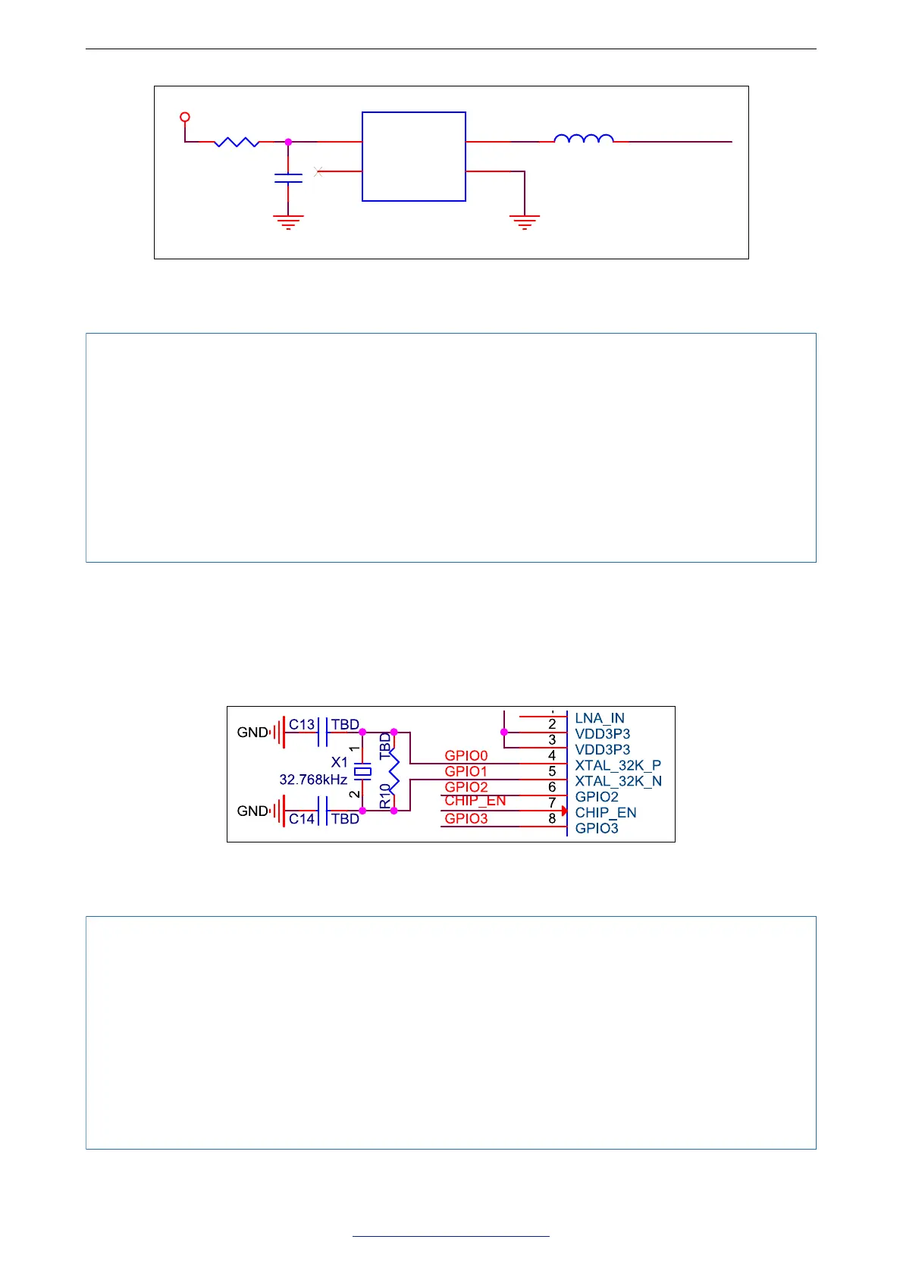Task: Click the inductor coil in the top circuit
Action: pos(584,139)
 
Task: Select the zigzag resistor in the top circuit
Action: pos(237,142)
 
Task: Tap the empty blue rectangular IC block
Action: pos(414,156)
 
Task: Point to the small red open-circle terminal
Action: pos(184,118)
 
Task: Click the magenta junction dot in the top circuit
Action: pos(288,142)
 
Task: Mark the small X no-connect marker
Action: pos(318,172)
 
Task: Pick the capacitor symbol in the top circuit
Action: pos(288,178)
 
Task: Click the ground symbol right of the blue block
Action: pos(525,221)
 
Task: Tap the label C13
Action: pos(302,724)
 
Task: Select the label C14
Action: pos(302,819)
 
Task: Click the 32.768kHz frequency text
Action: pos(313,780)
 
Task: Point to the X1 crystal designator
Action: pos(340,762)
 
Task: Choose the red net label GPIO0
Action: pos(466,755)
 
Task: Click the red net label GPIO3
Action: pos(466,818)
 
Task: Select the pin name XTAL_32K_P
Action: pos(618,765)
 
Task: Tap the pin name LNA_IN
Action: pos(600,718)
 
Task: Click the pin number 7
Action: pos(552,802)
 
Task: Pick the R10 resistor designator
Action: pos(386,795)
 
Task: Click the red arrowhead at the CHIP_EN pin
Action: pos(564,811)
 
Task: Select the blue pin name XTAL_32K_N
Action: pos(618,781)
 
